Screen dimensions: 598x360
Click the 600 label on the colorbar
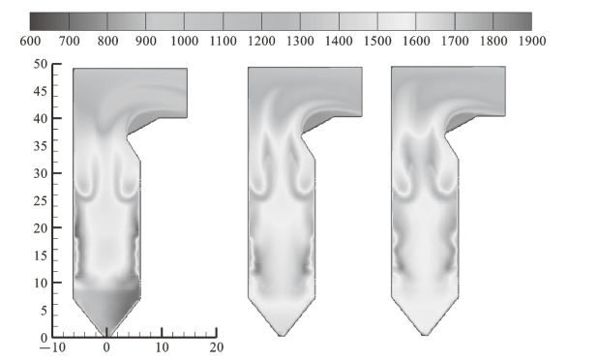pos(30,41)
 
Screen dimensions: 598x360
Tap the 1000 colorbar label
pos(184,41)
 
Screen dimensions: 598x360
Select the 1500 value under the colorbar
pos(377,41)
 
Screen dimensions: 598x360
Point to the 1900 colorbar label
pos(532,41)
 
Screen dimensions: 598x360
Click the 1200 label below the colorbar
pos(261,41)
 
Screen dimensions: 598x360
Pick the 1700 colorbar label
pos(455,41)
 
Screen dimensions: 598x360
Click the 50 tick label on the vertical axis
pos(41,64)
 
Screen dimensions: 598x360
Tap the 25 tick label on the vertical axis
pos(41,200)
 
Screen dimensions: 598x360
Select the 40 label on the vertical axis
pos(41,118)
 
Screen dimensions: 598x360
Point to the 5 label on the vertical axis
pos(45,310)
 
